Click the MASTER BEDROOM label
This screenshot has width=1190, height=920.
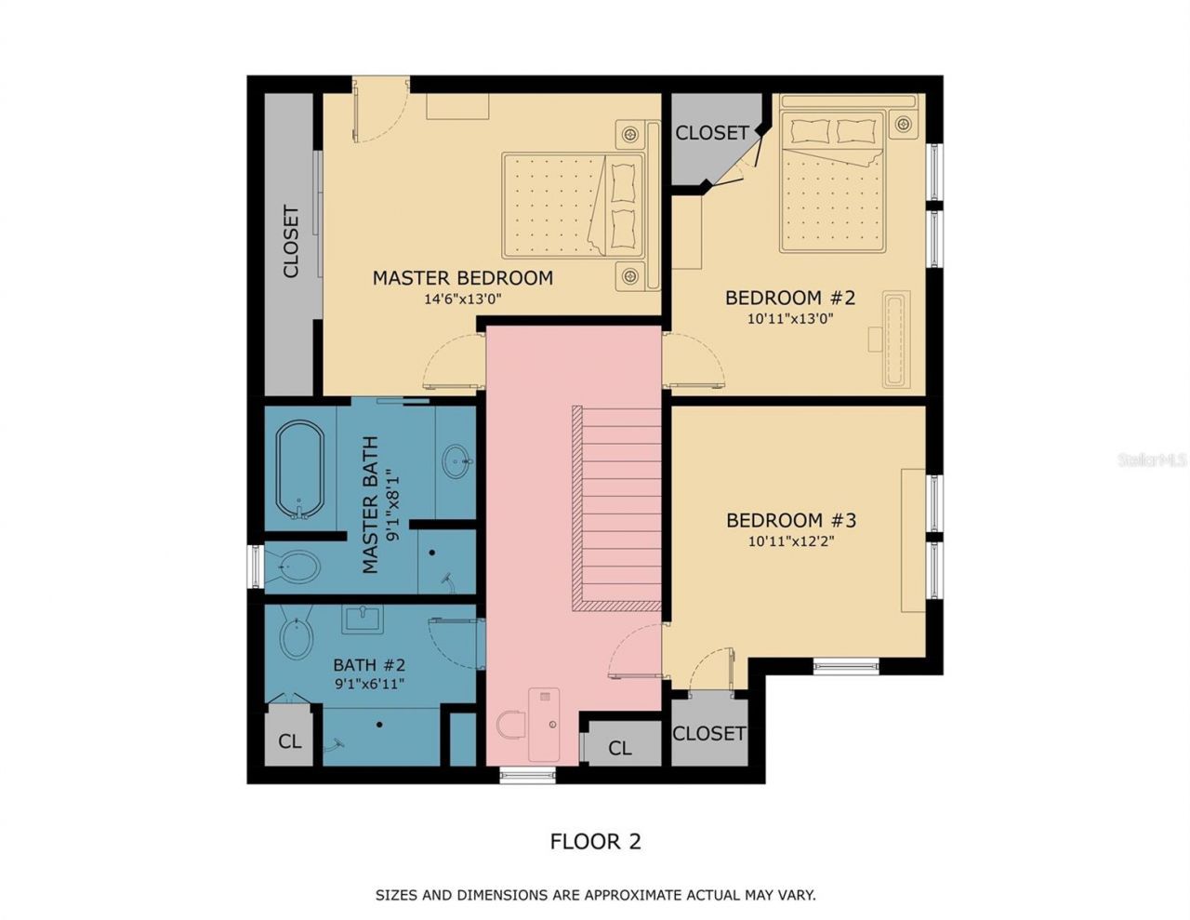(x=462, y=277)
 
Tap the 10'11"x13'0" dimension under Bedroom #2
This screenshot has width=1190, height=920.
(x=789, y=318)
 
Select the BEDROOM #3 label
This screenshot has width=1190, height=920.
(x=790, y=520)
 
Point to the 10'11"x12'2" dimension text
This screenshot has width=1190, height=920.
(x=790, y=540)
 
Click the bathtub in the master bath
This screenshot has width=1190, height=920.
(x=300, y=470)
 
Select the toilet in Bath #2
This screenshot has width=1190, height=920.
(x=297, y=638)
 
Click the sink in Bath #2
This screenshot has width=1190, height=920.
(x=362, y=619)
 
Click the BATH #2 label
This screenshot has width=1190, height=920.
(x=369, y=665)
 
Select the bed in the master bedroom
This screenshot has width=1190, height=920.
(x=574, y=206)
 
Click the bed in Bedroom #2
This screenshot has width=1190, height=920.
(x=832, y=181)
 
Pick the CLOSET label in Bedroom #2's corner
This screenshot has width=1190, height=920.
(x=711, y=133)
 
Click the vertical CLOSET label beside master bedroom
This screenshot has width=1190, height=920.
(x=291, y=242)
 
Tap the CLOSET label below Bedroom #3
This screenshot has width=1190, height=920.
(x=708, y=733)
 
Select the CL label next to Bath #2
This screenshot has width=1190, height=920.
(x=290, y=741)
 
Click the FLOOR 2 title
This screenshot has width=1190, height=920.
(x=595, y=842)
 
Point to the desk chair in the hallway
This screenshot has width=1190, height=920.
(x=509, y=725)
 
